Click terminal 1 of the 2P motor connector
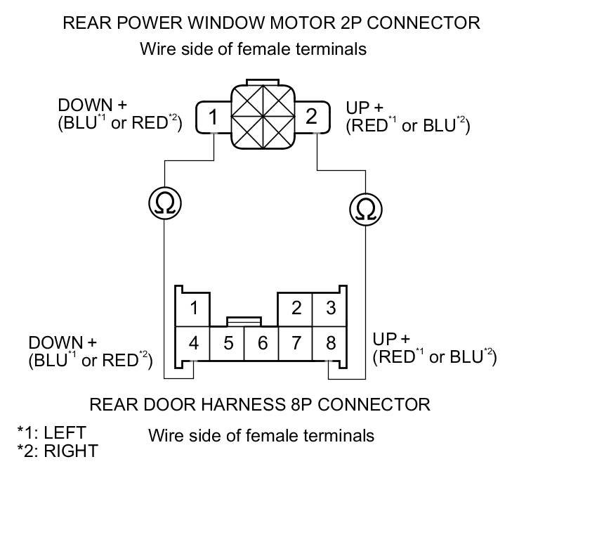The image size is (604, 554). pos(214,117)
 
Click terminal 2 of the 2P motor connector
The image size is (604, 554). pos(313,117)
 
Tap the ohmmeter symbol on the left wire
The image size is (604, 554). pos(165,203)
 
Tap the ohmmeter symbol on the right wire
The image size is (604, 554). pos(365,210)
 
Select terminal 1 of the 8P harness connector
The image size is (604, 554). pos(193,309)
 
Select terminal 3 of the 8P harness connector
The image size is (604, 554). pos(330,309)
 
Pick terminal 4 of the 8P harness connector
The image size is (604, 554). pos(193,344)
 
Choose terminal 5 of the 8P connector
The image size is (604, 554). pos(228,344)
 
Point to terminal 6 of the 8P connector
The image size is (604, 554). pos(261,344)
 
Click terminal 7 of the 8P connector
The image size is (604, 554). pos(296,344)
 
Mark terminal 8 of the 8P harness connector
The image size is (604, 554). pos(330,344)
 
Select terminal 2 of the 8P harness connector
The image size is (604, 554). pos(296,309)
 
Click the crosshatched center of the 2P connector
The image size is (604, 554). pos(263,117)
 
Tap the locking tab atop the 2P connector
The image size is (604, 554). pos(263,82)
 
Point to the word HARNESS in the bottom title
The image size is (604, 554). pos(243,404)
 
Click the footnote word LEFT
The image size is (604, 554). pos(65,432)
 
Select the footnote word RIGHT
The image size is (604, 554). pos(71,451)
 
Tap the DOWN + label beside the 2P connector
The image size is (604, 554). pos(93,105)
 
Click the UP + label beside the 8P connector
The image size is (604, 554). pos(391,339)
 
